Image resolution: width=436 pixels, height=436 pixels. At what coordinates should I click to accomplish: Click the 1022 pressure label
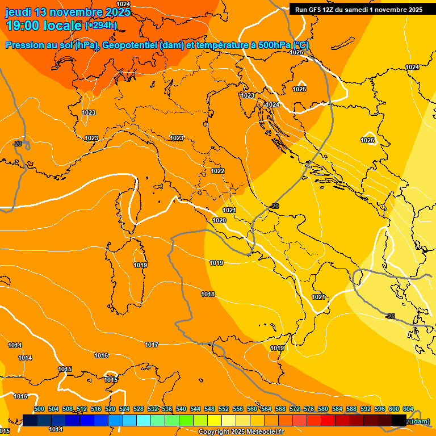[217, 171]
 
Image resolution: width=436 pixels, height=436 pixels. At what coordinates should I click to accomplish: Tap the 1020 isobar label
[220, 220]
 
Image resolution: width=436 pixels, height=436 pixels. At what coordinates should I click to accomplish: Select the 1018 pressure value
[208, 294]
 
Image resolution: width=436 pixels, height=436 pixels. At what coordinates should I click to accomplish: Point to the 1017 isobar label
[152, 345]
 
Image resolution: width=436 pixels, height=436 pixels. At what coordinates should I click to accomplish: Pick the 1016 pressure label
[101, 355]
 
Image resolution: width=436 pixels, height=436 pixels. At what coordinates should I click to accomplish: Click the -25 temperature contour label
[391, 316]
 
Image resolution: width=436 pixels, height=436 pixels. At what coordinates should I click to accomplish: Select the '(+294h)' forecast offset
[101, 26]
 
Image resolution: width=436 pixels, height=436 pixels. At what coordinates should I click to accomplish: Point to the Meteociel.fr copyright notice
[241, 432]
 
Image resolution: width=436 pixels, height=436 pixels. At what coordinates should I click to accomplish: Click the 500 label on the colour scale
[39, 409]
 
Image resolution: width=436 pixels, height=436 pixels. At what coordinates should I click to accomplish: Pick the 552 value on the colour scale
[224, 409]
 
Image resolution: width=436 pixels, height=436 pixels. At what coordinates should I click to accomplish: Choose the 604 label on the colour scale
[408, 409]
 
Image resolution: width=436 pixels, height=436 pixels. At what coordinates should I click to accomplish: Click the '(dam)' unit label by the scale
[421, 421]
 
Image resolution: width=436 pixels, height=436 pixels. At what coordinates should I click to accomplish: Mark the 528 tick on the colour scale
[139, 409]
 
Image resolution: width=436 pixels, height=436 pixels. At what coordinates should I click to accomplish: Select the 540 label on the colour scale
[181, 409]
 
